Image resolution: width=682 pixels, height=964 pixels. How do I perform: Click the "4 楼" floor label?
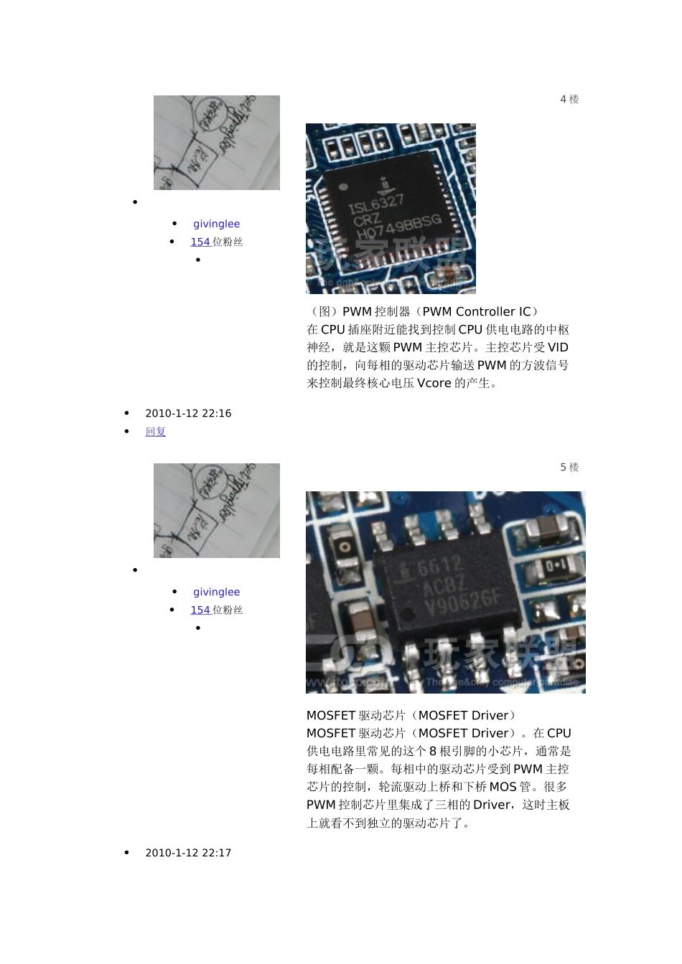(569, 100)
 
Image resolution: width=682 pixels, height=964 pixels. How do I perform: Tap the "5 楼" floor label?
(569, 468)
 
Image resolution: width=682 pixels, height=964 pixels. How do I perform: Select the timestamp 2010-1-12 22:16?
(188, 414)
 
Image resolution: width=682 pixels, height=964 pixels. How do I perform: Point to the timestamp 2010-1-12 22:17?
(188, 854)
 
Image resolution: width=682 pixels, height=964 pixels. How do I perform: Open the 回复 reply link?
(156, 432)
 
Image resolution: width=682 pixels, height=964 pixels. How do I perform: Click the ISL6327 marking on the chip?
(376, 204)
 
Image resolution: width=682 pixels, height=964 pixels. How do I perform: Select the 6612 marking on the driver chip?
(439, 567)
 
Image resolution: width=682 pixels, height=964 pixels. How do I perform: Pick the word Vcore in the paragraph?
(434, 384)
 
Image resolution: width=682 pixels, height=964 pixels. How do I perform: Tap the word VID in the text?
(558, 348)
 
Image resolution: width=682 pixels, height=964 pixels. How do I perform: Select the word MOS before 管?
(503, 788)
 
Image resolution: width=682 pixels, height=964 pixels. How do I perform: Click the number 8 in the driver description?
(433, 752)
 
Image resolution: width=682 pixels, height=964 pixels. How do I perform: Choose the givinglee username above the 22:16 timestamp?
(216, 225)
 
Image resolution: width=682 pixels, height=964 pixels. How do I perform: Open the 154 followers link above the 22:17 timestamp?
(200, 610)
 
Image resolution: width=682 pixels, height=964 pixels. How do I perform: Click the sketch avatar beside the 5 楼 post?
(216, 511)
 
